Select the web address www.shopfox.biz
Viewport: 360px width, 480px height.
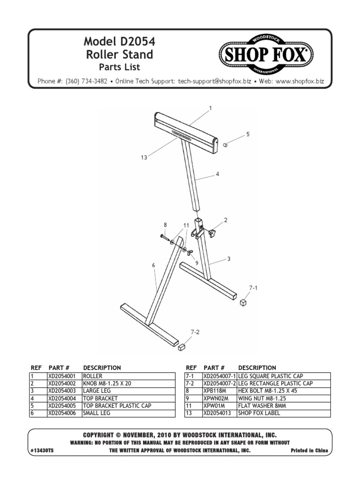click(300, 81)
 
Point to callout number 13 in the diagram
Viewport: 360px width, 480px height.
click(144, 157)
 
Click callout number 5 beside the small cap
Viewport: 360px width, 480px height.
click(248, 134)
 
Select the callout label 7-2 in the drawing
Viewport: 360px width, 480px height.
click(195, 332)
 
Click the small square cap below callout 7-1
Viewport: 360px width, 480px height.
click(243, 303)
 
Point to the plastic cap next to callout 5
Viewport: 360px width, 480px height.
click(225, 145)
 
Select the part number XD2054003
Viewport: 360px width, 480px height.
click(63, 390)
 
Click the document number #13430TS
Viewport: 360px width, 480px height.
click(45, 450)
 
